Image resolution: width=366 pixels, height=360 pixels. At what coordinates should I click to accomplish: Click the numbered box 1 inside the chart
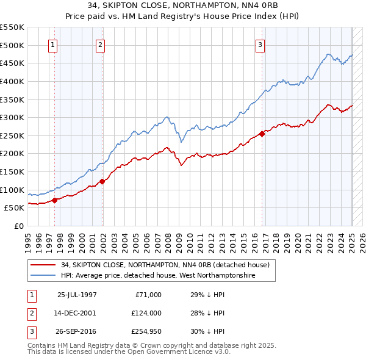pos(52,44)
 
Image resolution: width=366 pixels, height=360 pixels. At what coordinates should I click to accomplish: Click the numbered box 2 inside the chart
pos(99,44)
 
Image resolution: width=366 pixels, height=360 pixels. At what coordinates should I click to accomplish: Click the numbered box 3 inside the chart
pos(260,44)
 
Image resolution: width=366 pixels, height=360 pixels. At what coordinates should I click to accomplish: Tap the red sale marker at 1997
pos(54,200)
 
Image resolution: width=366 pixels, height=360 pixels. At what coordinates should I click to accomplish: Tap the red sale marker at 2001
pos(102,181)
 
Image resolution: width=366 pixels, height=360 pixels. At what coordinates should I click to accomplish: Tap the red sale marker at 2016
pos(262,134)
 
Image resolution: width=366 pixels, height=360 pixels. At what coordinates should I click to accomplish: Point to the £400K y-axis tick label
pos(12,81)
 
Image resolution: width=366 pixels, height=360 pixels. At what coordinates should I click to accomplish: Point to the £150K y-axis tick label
pos(12,171)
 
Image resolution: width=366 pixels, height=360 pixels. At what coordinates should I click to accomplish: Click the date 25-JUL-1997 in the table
pos(77,295)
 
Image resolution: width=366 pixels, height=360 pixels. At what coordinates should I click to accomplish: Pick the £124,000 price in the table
pos(146,313)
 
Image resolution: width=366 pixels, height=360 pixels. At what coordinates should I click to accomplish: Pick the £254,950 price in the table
pos(146,331)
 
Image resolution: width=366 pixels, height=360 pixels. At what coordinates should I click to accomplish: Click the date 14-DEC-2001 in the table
pos(77,313)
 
